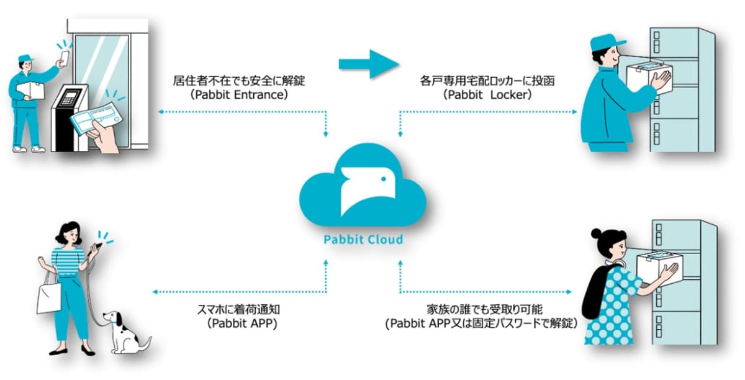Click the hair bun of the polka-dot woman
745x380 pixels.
tap(597, 234)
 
